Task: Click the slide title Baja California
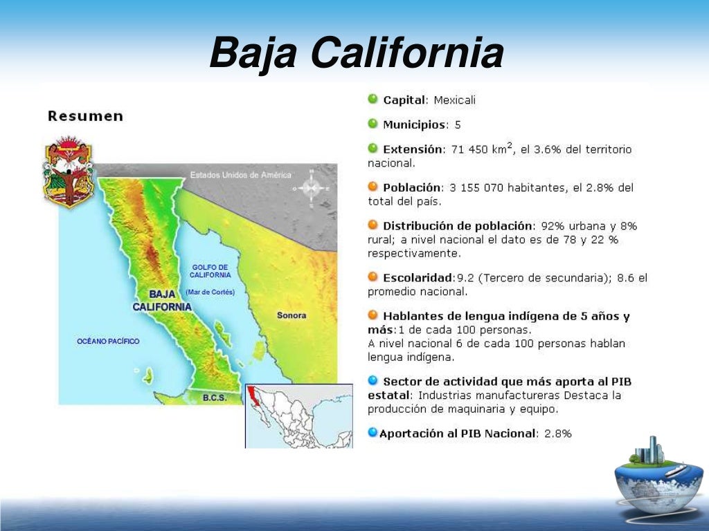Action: (356, 53)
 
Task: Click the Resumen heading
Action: (85, 116)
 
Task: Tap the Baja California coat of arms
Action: (68, 172)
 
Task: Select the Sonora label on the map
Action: (291, 315)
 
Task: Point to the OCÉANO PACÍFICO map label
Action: (108, 341)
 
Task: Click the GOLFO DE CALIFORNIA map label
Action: (210, 271)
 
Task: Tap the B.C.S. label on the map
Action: (215, 398)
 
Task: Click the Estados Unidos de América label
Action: (240, 175)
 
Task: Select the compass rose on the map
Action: (311, 187)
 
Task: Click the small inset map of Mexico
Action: (298, 416)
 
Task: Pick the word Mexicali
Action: (455, 100)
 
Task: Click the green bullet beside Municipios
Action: (373, 124)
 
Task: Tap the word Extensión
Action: (412, 149)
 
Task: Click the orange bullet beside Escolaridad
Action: (373, 277)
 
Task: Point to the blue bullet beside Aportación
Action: (373, 433)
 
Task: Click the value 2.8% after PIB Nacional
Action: (557, 434)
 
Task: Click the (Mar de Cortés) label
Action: (210, 292)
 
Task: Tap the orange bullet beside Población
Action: (373, 187)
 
